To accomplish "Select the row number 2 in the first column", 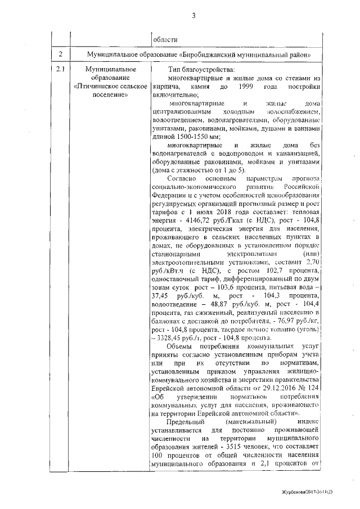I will click(x=60, y=54).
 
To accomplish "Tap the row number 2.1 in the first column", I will click(x=60, y=70).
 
